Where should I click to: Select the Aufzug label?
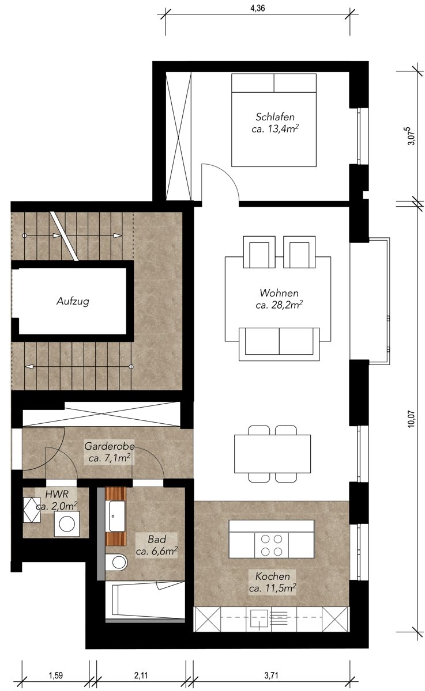73,301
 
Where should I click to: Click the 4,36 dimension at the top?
257,8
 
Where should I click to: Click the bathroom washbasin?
117,516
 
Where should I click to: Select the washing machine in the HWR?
67,524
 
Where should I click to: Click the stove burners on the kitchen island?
272,545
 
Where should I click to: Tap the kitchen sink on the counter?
259,619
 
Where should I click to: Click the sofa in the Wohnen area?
279,344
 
